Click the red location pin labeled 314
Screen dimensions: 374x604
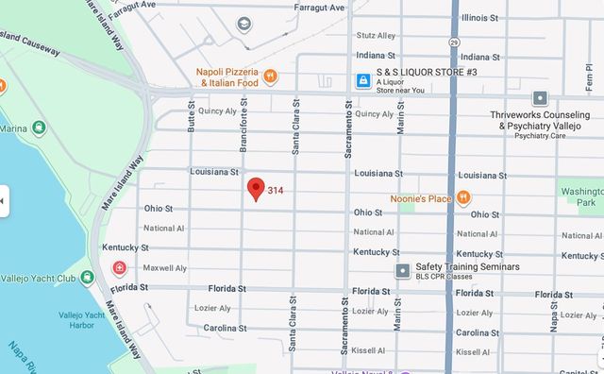(x=255, y=188)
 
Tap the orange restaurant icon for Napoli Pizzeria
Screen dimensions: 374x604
(x=270, y=76)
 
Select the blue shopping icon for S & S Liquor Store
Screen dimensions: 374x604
(x=362, y=82)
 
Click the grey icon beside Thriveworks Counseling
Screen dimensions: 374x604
(x=539, y=97)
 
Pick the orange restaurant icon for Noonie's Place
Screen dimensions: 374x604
(x=463, y=197)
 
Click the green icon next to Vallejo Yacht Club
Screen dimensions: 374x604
(x=87, y=278)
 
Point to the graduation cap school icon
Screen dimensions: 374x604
(x=244, y=23)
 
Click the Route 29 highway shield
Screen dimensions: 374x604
(x=454, y=43)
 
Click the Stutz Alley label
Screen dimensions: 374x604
(x=377, y=36)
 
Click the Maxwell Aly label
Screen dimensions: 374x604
(x=163, y=268)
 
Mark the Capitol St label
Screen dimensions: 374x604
(x=579, y=350)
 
